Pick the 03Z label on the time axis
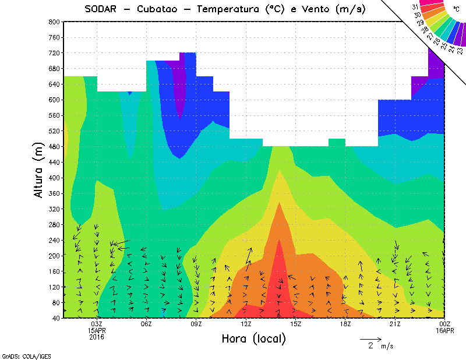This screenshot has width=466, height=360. coord(97,324)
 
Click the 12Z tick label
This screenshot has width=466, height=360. coord(246,324)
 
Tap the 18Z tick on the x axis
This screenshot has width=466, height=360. coord(345,324)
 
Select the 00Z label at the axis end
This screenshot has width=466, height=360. coord(445,324)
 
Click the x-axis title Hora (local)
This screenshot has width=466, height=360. coord(253,339)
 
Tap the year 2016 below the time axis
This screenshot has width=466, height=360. coord(97,337)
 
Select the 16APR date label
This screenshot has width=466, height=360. coord(445,330)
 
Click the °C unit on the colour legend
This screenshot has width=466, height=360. coord(455,9)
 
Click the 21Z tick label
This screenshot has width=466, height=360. coord(396,324)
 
